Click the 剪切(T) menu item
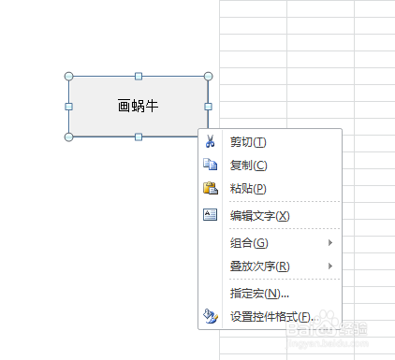pos(248,142)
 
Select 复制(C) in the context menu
pos(248,166)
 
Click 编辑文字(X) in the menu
pos(259,216)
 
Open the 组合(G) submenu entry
pos(248,243)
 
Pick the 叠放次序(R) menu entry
pos(259,266)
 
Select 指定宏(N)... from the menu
pos(259,294)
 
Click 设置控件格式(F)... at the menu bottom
pos(271,317)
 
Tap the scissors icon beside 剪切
pos(210,142)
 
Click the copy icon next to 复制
pos(210,166)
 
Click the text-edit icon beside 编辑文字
pos(210,215)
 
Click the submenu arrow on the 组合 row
pos(330,243)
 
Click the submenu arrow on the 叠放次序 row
pos(330,266)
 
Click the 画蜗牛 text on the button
pos(139,107)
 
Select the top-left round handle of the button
pos(68,76)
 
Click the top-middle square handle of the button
pos(139,76)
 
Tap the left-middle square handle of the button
pos(68,107)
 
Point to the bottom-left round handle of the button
pos(68,137)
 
